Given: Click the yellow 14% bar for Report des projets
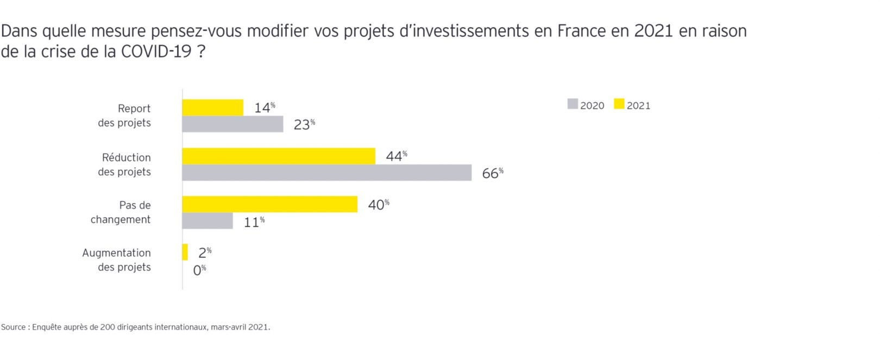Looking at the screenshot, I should (212, 108).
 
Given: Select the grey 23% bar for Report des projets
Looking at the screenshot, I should (232, 124).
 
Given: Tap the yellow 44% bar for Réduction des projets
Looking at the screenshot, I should (279, 156).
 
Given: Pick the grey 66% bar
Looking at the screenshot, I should (326, 173).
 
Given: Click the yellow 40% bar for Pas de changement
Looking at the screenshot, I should (269, 205).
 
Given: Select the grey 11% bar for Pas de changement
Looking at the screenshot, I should (208, 221).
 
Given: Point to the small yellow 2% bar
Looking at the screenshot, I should (185, 252).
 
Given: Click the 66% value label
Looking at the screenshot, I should (492, 173).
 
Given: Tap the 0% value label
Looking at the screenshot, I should (199, 270).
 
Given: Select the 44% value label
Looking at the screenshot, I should (396, 156).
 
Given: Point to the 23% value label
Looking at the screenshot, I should (304, 124).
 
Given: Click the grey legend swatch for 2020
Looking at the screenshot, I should (573, 104).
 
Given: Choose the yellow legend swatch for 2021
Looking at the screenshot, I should (619, 104).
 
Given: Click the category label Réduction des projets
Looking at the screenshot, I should (124, 165).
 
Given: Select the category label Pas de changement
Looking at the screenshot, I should (121, 212).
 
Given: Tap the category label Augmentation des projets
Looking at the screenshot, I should (116, 260).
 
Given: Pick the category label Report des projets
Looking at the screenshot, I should (124, 116).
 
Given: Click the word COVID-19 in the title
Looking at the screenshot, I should (156, 52).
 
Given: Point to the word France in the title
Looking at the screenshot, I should (581, 31).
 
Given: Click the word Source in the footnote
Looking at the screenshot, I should (13, 327).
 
